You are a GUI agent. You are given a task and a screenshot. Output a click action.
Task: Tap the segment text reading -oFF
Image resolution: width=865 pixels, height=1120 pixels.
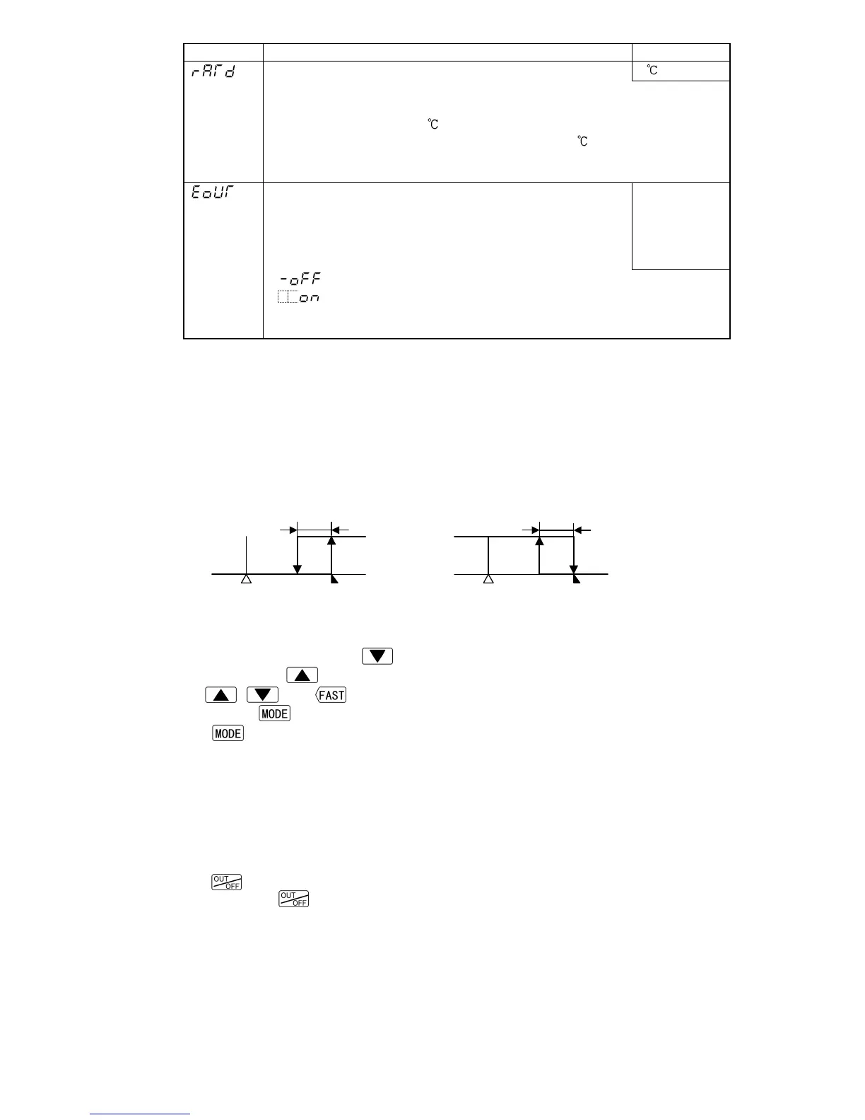300,280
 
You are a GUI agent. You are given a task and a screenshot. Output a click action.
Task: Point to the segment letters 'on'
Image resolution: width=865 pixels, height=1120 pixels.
310,298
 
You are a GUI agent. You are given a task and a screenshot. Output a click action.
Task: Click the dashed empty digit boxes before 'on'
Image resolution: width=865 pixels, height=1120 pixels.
288,298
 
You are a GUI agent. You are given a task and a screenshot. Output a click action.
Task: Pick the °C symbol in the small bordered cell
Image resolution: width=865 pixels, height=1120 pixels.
653,71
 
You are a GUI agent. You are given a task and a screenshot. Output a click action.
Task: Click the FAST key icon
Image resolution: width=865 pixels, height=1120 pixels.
331,695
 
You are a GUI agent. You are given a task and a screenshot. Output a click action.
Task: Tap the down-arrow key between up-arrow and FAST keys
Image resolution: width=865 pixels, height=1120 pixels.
261,695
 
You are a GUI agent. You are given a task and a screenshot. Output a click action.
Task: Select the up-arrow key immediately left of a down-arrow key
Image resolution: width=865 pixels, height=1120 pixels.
220,695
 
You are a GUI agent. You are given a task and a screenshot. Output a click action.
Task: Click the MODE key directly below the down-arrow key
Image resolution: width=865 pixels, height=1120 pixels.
275,713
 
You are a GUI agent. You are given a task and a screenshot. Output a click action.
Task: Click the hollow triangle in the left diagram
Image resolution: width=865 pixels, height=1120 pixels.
246,579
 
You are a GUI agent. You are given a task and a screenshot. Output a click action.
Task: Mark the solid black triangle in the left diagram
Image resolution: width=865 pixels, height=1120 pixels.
334,579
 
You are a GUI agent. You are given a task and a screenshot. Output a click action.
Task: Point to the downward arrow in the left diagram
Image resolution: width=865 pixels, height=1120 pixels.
298,559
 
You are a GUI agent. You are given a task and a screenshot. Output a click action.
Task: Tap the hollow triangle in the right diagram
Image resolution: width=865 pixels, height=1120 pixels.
488,579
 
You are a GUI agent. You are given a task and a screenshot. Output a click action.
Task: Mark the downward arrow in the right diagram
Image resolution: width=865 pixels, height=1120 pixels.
574,559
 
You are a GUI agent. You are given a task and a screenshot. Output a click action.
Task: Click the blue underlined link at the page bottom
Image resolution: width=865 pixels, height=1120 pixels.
140,1114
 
